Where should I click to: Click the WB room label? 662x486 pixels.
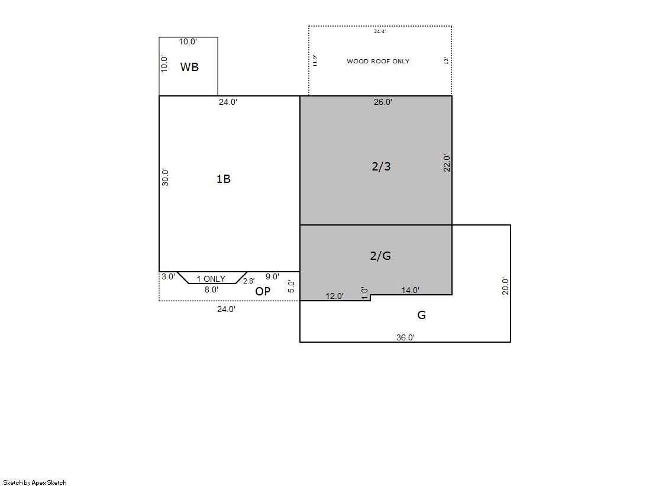pos(189,67)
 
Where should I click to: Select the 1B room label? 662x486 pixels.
pos(224,179)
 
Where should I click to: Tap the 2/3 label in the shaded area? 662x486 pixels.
pos(381,166)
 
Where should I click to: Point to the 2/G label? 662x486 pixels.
pos(380,256)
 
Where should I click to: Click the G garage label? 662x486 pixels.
pos(421,315)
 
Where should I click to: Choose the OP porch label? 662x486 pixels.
pos(263,291)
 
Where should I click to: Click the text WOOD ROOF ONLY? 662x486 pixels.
pos(378,62)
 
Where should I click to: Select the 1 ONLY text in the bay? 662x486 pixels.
pos(211,279)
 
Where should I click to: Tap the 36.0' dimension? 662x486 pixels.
pos(405,337)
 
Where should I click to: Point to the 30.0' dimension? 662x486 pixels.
pos(165,178)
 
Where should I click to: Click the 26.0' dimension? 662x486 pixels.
pos(383,102)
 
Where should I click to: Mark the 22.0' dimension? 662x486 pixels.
pos(447,163)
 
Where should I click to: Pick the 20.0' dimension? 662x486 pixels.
pos(505,286)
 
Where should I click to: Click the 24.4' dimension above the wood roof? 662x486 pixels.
pos(380,31)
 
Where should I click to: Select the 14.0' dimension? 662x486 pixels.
pos(410,290)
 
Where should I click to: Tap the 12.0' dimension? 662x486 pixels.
pos(334,296)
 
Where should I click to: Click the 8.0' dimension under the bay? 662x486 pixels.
pos(211,289)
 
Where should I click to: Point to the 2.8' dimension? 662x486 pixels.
pos(248,281)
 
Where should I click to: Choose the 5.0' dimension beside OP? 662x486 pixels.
pos(291,286)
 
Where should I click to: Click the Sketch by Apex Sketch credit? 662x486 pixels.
pos(35,482)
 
